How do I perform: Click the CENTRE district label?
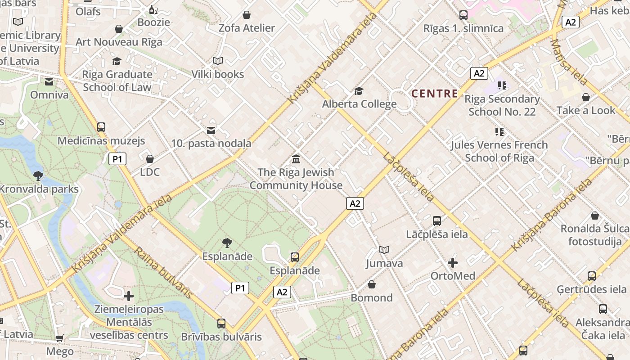pyautogui.click(x=435, y=94)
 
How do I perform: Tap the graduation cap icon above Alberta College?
pyautogui.click(x=359, y=91)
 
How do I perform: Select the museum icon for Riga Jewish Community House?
pyautogui.click(x=296, y=159)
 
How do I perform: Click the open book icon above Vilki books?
pyautogui.click(x=218, y=61)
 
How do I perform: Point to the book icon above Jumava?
pyautogui.click(x=384, y=250)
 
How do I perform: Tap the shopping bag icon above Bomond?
pyautogui.click(x=372, y=285)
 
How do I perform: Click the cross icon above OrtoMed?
pyautogui.click(x=453, y=263)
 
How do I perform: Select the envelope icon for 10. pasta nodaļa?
pyautogui.click(x=211, y=130)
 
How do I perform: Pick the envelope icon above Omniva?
pyautogui.click(x=49, y=82)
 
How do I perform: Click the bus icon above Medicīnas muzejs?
pyautogui.click(x=101, y=127)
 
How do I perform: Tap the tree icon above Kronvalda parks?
pyautogui.click(x=38, y=175)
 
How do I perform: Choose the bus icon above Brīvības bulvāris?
pyautogui.click(x=221, y=324)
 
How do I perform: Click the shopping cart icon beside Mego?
pyautogui.click(x=59, y=338)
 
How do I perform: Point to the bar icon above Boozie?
pyautogui.click(x=153, y=9)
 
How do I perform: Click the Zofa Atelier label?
pyautogui.click(x=247, y=28)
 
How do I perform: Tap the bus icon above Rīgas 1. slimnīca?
pyautogui.click(x=463, y=15)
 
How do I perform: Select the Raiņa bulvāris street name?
pyautogui.click(x=164, y=273)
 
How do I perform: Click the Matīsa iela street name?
pyautogui.click(x=569, y=62)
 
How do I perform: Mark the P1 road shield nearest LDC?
pyautogui.click(x=117, y=159)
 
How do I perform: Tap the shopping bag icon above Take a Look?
pyautogui.click(x=586, y=98)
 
